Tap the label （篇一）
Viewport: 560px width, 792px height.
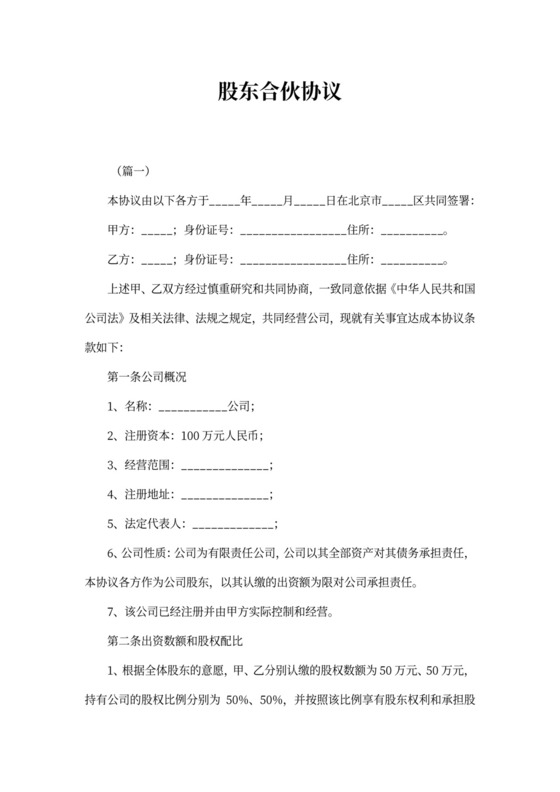tap(128, 170)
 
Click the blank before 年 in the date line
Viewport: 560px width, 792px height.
tap(226, 200)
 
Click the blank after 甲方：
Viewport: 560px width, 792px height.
tap(158, 230)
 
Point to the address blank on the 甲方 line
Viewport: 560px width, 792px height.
tap(411, 230)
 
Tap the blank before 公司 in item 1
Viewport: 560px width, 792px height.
tap(193, 407)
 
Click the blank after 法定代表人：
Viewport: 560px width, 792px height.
tap(232, 524)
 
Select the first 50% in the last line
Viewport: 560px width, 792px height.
tap(227, 700)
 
